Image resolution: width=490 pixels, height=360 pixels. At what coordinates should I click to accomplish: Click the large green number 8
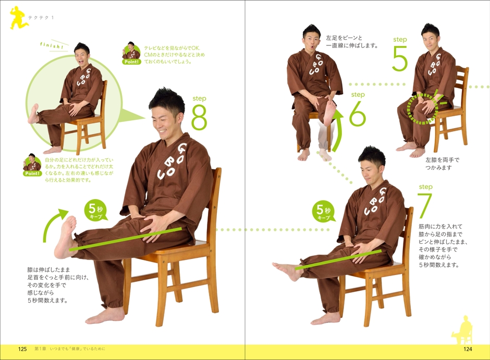[x=199, y=117]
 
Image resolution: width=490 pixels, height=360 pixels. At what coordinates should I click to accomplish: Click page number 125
[x=22, y=349]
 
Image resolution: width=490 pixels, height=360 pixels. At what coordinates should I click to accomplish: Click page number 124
[x=468, y=349]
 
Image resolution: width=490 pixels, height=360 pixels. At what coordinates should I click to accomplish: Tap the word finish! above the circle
[x=52, y=45]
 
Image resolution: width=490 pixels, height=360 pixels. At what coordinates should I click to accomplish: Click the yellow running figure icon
[x=18, y=18]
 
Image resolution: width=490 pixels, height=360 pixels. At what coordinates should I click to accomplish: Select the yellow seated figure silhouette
[x=461, y=331]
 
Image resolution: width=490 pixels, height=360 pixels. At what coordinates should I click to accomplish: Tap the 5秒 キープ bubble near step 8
[x=95, y=211]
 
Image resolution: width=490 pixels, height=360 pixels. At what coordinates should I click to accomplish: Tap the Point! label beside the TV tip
[x=131, y=62]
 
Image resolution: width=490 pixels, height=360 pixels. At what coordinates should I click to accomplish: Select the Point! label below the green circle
[x=32, y=173]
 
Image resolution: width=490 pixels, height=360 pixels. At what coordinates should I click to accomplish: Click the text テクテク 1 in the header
[x=41, y=18]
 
